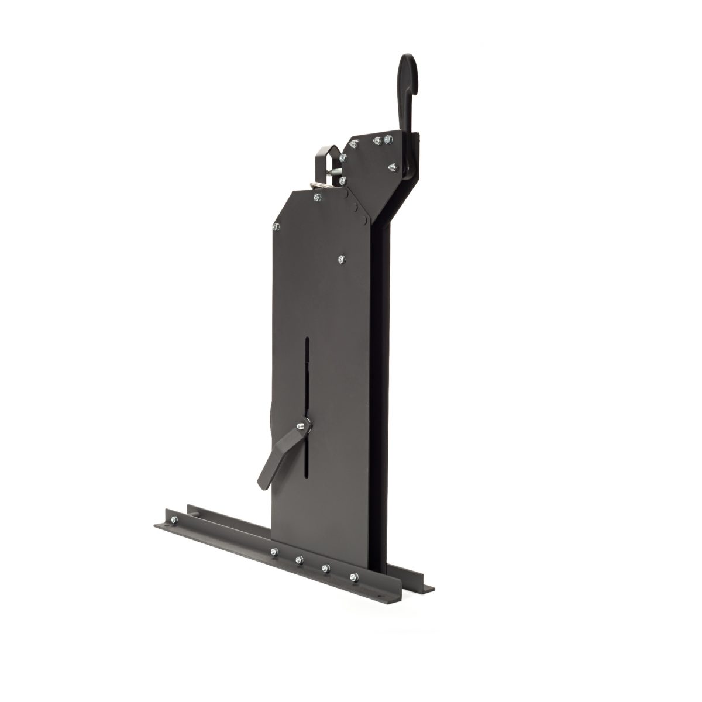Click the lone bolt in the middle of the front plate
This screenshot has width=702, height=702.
click(342, 258)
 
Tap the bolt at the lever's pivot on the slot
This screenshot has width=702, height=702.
click(300, 428)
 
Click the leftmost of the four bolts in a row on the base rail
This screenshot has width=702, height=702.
click(273, 551)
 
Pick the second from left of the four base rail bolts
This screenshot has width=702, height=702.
click(299, 560)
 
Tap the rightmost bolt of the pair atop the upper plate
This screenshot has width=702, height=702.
click(387, 139)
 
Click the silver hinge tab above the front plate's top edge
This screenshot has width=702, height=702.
click(316, 187)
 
